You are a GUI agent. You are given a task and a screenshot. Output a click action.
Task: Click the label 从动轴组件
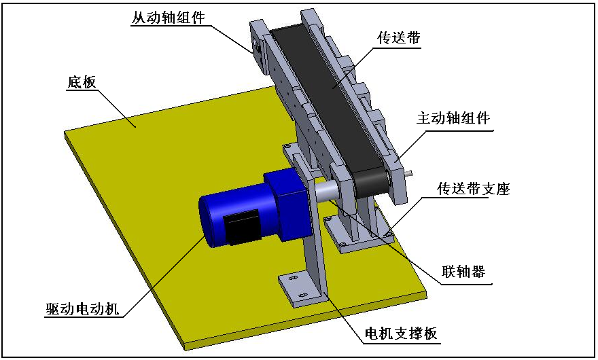(x=168, y=18)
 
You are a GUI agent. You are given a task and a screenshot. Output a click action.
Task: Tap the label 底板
(x=82, y=83)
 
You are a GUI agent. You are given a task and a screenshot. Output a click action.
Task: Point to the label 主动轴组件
(x=453, y=118)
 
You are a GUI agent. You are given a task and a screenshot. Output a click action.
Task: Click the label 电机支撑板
(x=400, y=334)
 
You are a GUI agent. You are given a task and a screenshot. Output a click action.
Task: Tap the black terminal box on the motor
(x=241, y=229)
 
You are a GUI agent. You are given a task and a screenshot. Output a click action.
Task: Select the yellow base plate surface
(x=156, y=177)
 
